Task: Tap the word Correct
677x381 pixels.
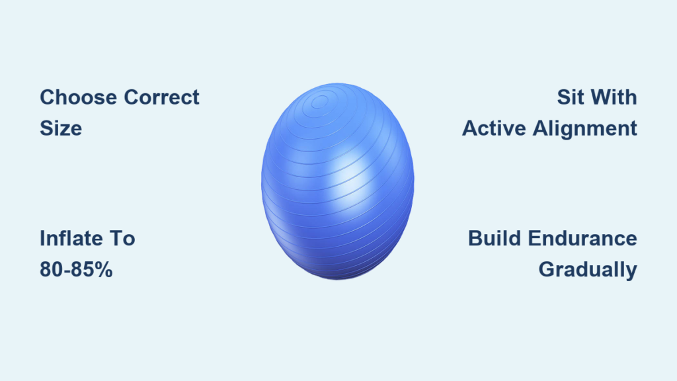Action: (161, 97)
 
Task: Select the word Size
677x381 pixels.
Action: (61, 128)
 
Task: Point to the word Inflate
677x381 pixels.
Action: (72, 238)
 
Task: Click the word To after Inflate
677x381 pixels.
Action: (123, 238)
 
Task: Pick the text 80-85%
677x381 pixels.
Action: (76, 270)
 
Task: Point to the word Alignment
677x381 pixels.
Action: (585, 129)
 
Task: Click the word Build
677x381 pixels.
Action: (495, 238)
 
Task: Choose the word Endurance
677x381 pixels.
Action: (582, 238)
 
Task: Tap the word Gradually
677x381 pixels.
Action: (588, 270)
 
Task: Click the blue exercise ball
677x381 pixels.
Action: (338, 181)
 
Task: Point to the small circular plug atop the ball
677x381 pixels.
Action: (319, 102)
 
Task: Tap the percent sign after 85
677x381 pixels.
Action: (104, 270)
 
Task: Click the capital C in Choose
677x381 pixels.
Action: (48, 97)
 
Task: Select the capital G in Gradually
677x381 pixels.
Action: (547, 270)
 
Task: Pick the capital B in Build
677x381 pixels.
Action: (475, 238)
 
